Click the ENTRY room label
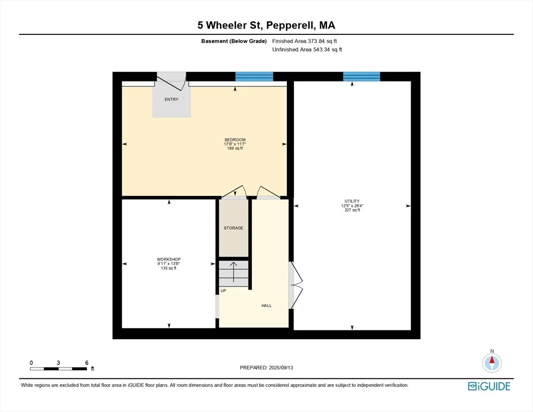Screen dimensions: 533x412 [172, 99]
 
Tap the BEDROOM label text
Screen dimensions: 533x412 [235, 140]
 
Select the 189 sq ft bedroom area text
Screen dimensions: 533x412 [235, 149]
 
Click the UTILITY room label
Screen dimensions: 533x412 [352, 201]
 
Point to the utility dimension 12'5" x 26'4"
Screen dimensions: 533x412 [352, 206]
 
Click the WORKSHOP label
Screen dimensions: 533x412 [168, 259]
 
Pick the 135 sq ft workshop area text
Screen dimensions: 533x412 [168, 268]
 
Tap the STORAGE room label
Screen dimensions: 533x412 [233, 228]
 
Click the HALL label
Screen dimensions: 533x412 [266, 305]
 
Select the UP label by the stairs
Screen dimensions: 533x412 [223, 291]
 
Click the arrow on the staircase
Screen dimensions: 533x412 [234, 272]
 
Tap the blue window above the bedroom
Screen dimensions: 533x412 [254, 77]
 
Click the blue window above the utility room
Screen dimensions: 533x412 [361, 77]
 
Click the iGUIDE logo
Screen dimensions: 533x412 [489, 386]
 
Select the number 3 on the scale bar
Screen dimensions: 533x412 [58, 363]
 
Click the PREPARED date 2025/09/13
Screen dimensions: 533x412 [281, 368]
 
